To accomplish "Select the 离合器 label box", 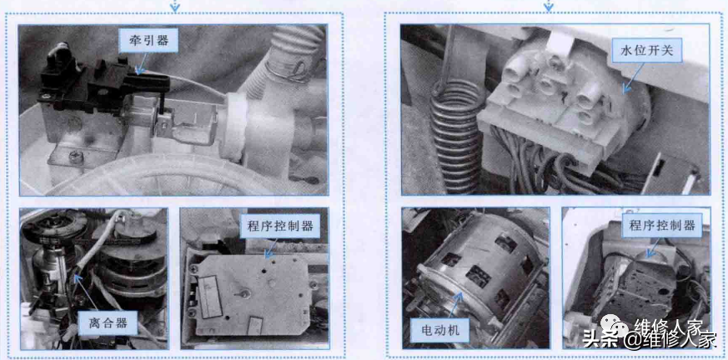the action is [108, 322].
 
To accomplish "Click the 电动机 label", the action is [439, 330].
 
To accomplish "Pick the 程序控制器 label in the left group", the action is [280, 227].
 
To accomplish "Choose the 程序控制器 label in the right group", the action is [661, 226].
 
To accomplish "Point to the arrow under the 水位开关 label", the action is [634, 77].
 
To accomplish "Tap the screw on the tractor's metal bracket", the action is [74, 157].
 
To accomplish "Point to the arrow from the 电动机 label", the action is [450, 306].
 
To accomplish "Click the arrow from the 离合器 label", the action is [84, 292].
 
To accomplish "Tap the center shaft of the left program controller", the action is [244, 292].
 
